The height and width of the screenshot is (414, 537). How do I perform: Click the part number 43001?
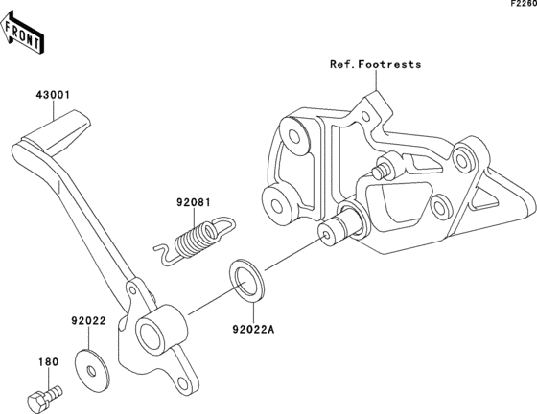[x=53, y=95]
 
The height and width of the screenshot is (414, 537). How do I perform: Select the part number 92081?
[x=194, y=202]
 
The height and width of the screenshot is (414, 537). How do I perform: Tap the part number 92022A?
[x=254, y=329]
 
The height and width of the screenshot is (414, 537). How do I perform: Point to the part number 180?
[x=48, y=361]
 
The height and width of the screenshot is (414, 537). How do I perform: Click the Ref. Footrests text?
[x=375, y=64]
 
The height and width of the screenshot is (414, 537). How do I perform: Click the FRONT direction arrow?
[x=22, y=33]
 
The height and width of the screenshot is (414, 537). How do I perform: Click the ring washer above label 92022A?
[x=246, y=281]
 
